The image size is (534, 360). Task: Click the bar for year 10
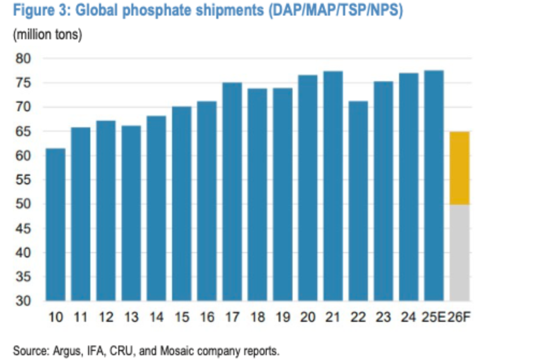pos(55,225)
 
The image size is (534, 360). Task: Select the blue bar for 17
pos(232,192)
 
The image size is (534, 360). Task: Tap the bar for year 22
pos(358,201)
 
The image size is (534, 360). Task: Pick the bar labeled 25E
pos(434,185)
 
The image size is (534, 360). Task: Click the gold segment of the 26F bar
pos(459,168)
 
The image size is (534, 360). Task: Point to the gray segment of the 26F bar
pos(459,253)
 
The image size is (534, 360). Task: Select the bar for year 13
pos(131,213)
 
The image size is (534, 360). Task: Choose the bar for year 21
pos(333,186)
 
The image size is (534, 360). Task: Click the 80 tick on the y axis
pos(23,59)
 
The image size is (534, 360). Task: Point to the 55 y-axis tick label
pos(23,179)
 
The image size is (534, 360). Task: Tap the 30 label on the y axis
pos(23,301)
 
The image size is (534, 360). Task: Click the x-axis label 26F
pos(458,317)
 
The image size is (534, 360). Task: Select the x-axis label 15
pos(182,317)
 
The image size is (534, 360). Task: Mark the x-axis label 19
pos(283,317)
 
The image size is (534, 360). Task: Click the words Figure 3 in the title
pos(42,10)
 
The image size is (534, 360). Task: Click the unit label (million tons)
pos(47,35)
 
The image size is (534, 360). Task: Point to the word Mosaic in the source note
pos(177,350)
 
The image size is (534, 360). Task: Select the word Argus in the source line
pos(68,351)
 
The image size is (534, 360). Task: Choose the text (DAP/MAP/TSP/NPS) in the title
pos(336,10)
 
